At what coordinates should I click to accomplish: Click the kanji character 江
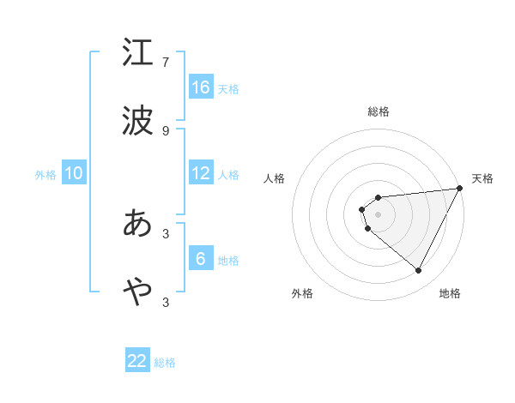click(137, 54)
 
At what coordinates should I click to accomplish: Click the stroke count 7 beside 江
click(166, 63)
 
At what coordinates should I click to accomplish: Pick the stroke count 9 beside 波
click(166, 130)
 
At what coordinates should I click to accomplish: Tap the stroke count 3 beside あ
click(166, 232)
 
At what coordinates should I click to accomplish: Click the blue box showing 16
click(201, 87)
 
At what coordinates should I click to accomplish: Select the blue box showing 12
click(201, 173)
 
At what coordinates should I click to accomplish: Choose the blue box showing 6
click(201, 259)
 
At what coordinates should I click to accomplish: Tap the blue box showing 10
click(74, 173)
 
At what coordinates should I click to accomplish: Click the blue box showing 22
click(137, 361)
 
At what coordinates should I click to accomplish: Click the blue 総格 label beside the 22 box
click(165, 363)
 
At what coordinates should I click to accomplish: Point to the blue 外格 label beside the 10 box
click(45, 175)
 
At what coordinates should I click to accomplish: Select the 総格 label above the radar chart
click(379, 111)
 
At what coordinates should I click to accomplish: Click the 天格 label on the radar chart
click(483, 178)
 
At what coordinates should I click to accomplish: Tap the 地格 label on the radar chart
click(450, 294)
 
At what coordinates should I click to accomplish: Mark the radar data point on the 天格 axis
click(460, 189)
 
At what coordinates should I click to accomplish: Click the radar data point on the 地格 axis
click(419, 271)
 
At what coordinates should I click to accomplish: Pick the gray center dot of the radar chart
click(379, 214)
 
